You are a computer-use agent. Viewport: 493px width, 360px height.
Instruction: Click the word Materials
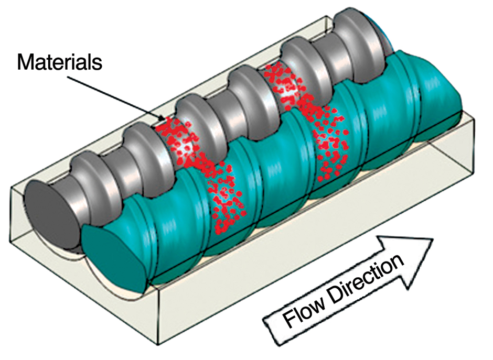click(x=59, y=62)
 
